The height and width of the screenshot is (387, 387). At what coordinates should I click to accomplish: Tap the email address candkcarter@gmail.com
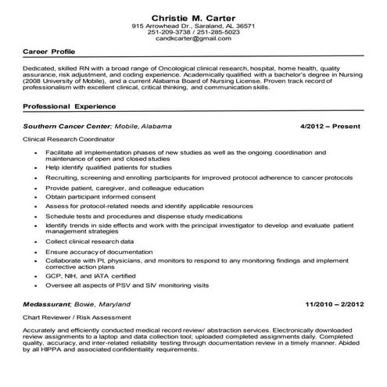point(193,38)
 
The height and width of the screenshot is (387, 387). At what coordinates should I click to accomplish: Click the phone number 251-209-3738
point(173,31)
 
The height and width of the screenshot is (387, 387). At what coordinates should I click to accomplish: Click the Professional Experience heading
point(70,105)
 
